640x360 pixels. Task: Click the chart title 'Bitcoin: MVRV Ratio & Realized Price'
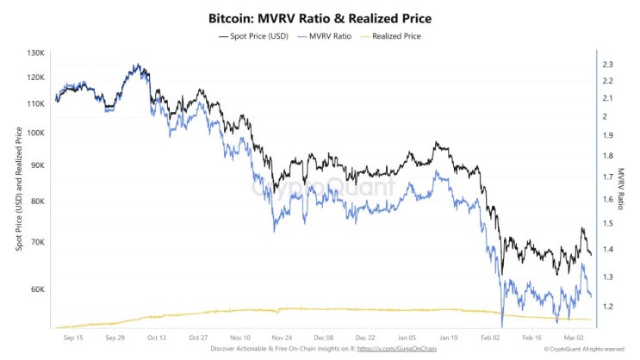coord(320,18)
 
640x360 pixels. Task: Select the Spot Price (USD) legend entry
coord(253,36)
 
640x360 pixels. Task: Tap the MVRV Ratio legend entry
coord(325,36)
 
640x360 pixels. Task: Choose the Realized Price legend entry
coord(390,36)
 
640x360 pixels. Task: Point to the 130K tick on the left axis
coord(36,53)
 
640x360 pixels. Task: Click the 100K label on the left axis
coord(36,133)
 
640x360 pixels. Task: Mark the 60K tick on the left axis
coord(37,289)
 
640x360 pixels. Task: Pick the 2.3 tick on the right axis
coord(607,64)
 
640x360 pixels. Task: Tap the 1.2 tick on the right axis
coord(607,306)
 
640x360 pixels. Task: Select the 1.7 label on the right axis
coord(607,177)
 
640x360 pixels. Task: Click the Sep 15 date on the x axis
coord(73,338)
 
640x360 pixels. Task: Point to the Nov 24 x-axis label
coord(282,338)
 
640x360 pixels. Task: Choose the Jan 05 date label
coord(407,338)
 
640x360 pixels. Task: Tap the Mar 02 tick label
coord(574,338)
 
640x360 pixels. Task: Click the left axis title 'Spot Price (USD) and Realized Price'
coord(19,189)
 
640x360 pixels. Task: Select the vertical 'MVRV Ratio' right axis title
coord(621,189)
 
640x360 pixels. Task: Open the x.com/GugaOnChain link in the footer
coord(397,349)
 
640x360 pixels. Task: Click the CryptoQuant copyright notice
coord(584,349)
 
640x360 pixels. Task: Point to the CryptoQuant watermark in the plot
coord(323,187)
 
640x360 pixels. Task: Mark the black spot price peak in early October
coord(138,65)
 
